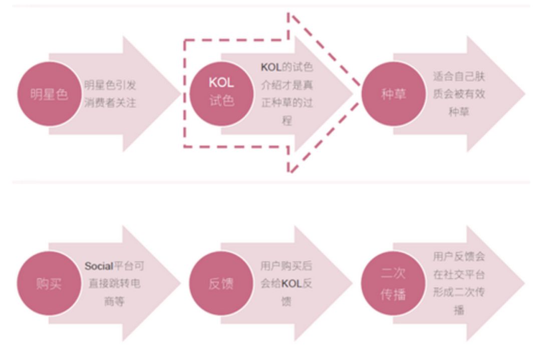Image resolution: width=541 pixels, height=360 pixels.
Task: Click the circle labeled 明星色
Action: (49, 94)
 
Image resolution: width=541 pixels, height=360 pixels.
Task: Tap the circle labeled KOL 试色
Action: (221, 94)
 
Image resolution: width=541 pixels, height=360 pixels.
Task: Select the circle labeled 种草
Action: (393, 94)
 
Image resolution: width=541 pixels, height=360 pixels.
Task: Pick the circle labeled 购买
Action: (49, 283)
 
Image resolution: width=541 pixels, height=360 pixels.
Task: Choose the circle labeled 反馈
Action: (221, 283)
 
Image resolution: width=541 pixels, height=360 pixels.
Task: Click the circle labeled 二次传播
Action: (393, 283)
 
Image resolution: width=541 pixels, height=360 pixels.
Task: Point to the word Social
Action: (99, 266)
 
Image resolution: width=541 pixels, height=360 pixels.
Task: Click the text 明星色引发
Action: (110, 85)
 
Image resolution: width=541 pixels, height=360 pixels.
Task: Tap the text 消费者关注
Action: (110, 103)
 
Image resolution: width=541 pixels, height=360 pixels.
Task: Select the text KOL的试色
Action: (287, 67)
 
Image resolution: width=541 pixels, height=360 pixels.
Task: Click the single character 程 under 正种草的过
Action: (287, 121)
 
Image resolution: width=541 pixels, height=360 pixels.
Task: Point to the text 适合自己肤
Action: (459, 76)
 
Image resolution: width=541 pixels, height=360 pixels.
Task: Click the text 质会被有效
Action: (459, 94)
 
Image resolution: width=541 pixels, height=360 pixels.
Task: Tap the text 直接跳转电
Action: (115, 283)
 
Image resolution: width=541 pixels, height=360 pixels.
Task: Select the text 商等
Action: (115, 301)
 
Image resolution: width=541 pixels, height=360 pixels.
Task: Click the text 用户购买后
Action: (287, 266)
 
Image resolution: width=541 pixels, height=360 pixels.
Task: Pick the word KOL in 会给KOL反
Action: (292, 283)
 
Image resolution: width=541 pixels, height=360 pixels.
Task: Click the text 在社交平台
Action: (459, 274)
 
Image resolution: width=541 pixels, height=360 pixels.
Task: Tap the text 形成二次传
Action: (459, 292)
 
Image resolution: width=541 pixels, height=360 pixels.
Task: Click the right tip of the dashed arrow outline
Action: (360, 94)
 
